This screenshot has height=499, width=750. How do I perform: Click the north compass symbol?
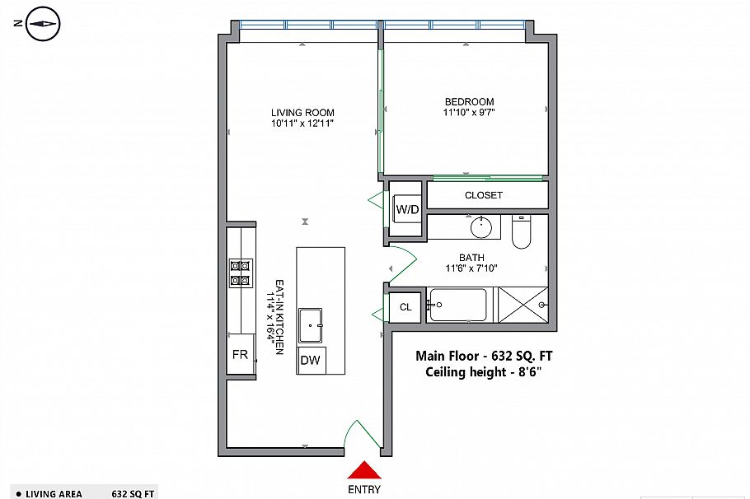click(42, 24)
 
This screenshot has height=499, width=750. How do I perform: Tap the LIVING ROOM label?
click(302, 113)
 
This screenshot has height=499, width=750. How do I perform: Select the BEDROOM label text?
click(467, 101)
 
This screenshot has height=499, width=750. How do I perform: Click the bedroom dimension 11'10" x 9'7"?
click(467, 113)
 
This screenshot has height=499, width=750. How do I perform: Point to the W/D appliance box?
click(407, 209)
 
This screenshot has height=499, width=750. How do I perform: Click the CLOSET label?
click(484, 195)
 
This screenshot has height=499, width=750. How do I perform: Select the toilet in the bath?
click(523, 232)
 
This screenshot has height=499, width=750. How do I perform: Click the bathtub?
click(458, 305)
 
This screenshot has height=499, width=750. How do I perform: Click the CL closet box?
click(405, 307)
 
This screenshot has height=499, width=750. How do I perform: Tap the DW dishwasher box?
click(310, 360)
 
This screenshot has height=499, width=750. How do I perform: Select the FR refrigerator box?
click(240, 354)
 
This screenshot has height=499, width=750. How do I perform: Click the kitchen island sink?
click(310, 324)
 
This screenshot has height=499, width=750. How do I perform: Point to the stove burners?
click(240, 273)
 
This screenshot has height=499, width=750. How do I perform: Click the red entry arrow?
click(365, 470)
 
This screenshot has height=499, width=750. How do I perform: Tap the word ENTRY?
click(365, 491)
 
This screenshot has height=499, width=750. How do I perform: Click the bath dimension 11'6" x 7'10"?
click(471, 268)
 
